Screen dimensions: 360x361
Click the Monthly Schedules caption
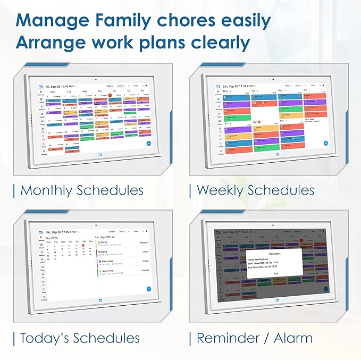pyautogui.click(x=82, y=190)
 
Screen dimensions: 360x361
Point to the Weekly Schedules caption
pyautogui.click(x=255, y=190)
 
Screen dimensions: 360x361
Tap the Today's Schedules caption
pyautogui.click(x=80, y=338)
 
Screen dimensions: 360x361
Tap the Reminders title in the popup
pyautogui.click(x=275, y=254)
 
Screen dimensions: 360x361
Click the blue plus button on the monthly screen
pyautogui.click(x=148, y=144)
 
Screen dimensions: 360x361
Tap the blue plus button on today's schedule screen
pyautogui.click(x=148, y=289)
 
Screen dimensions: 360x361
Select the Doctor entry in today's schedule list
pyautogui.click(x=104, y=242)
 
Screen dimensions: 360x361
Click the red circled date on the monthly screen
pyautogui.click(x=110, y=95)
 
